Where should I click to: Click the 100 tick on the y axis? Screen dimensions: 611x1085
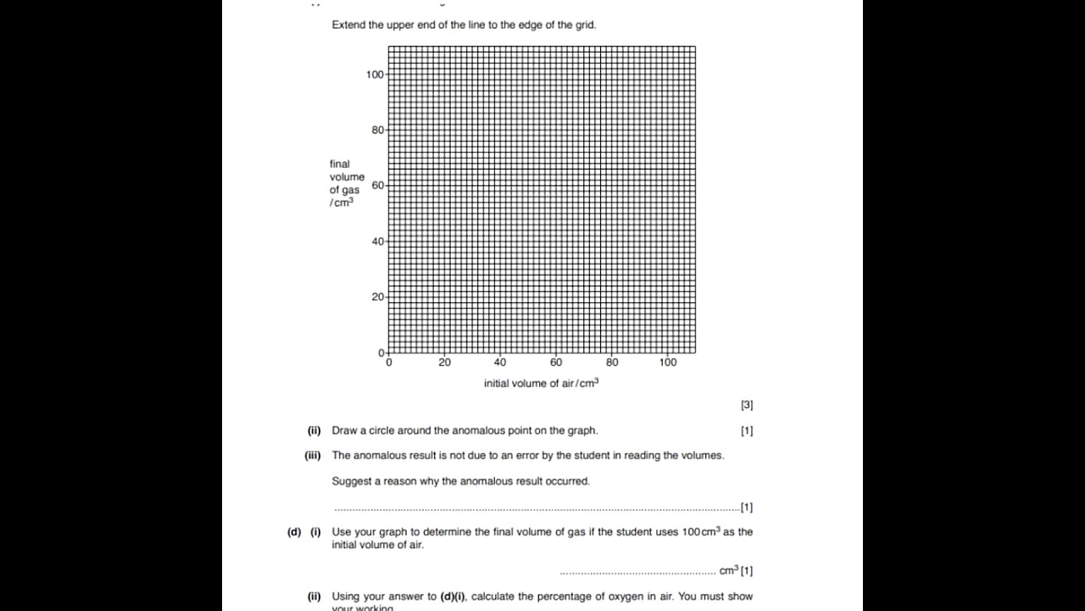coord(375,75)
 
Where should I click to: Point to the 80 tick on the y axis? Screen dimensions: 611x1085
coord(377,130)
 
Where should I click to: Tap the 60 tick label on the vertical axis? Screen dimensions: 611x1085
coord(377,185)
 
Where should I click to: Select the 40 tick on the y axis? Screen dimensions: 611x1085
coord(377,241)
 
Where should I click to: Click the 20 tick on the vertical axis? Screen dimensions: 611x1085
coord(377,297)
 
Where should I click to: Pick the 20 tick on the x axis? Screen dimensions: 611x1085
coord(444,362)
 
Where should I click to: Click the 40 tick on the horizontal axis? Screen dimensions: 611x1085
coord(500,362)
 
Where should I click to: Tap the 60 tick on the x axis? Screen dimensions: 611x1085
coord(556,362)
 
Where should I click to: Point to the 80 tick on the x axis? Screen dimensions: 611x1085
coord(612,362)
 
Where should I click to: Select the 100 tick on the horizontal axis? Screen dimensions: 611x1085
coord(668,362)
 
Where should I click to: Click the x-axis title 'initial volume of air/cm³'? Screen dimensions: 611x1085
coord(541,384)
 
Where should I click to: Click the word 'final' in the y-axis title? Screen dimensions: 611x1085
coord(340,164)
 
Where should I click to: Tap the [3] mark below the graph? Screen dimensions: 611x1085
coord(746,406)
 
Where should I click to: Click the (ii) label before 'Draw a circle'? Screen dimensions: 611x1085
coord(314,431)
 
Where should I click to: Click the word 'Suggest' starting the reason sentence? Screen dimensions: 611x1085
coord(349,481)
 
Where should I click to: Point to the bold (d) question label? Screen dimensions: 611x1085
coord(294,532)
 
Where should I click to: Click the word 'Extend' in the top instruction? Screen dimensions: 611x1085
coord(348,25)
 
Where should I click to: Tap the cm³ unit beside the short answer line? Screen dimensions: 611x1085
coord(728,570)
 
